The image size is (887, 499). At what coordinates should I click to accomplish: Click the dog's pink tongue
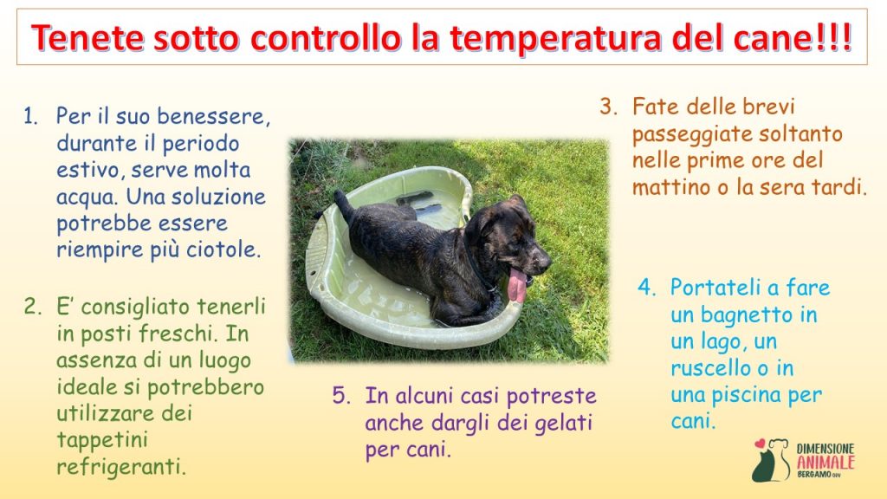click(516, 284)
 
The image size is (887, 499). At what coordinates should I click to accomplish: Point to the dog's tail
click(343, 205)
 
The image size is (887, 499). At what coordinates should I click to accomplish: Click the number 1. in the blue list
click(30, 117)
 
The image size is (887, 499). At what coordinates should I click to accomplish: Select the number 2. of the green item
click(33, 307)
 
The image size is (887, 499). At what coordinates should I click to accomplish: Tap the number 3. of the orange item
click(609, 107)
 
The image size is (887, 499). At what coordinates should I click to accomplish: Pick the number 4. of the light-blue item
click(646, 287)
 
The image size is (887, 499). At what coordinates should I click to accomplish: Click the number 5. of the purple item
click(341, 395)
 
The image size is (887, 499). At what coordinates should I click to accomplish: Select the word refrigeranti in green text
click(121, 468)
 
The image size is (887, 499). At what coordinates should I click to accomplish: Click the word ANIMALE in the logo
click(825, 463)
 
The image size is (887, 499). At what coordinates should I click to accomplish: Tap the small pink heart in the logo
click(760, 444)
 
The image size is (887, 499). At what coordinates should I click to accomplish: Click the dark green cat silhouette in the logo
click(764, 465)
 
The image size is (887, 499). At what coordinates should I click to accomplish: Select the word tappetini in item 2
click(102, 440)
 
